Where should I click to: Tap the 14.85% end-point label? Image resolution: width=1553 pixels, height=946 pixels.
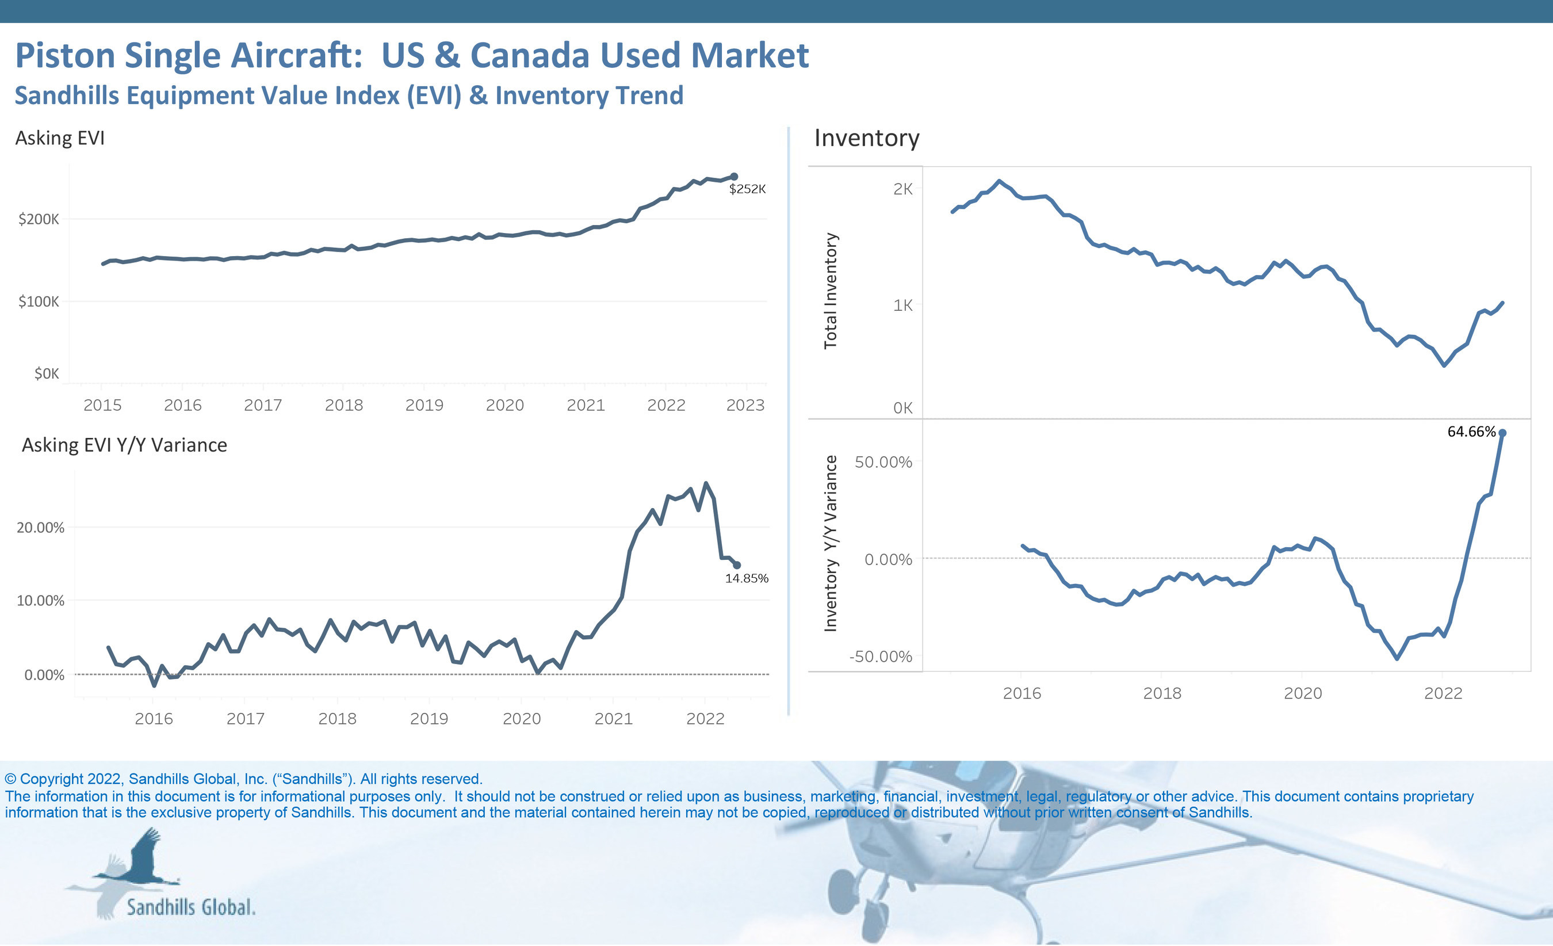(746, 578)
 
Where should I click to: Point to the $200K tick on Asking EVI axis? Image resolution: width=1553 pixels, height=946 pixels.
(39, 219)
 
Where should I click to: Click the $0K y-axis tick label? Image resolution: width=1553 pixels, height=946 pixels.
(46, 374)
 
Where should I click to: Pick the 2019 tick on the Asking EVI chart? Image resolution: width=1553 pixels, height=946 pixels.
(424, 405)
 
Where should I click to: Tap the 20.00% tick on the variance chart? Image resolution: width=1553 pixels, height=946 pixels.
(40, 527)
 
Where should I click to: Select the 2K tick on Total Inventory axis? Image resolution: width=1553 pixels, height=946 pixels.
(902, 189)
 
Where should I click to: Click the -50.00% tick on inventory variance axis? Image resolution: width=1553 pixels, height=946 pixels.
(881, 657)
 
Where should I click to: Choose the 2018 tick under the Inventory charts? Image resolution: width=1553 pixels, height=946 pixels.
(1162, 693)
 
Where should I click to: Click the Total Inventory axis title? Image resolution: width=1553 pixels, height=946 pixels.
(831, 291)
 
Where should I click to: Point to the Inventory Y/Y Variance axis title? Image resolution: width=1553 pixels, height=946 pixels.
(831, 544)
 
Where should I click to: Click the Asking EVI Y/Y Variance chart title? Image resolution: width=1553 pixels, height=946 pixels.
(124, 445)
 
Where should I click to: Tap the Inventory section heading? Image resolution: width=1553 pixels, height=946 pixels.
(867, 138)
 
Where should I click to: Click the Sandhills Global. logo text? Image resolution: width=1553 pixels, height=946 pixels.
(191, 907)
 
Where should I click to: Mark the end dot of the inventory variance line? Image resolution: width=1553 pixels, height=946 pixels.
(1502, 433)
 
